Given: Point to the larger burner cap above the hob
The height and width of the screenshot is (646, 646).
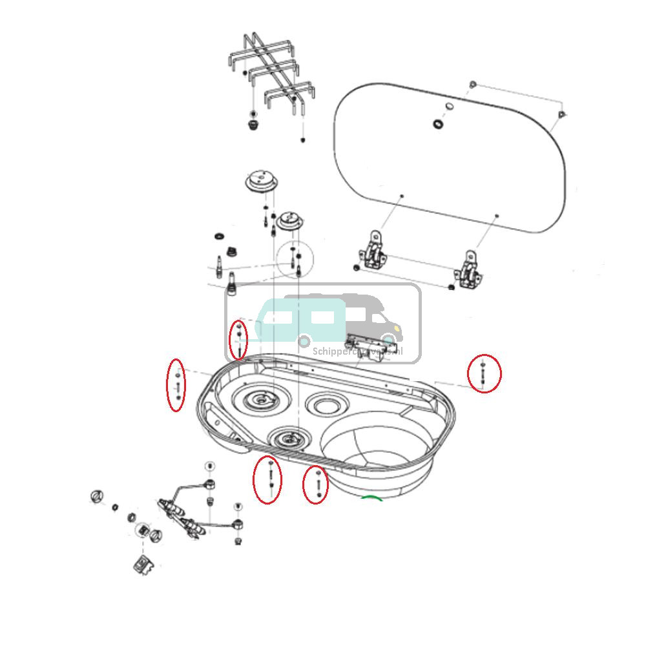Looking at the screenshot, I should (261, 180).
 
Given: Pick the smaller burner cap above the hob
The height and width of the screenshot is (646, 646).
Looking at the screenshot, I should (289, 221).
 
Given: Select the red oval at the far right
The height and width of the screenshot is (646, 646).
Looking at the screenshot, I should (484, 373).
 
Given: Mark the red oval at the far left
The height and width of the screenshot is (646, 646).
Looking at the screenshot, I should (176, 384).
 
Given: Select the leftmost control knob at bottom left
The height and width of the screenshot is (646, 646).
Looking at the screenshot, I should (97, 496).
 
